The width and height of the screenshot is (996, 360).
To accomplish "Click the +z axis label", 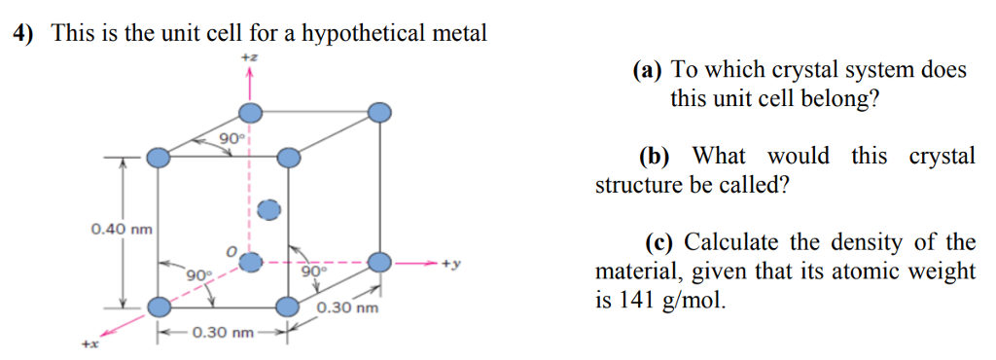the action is pos(250,60).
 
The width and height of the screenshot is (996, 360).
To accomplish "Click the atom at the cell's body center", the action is pos(268,209).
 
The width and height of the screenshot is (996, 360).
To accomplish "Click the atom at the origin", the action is pos(251,262).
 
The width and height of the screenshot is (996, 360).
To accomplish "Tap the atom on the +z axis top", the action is pos(251,111).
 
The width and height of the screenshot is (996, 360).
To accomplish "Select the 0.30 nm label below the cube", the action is pos(224,334).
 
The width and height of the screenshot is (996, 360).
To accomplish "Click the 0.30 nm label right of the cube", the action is pos(347,309).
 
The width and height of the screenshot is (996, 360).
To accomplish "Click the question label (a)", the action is pos(647,71).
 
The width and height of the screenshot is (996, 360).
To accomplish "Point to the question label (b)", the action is pos(655,157).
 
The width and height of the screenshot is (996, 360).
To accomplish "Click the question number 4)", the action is pos(22,34).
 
